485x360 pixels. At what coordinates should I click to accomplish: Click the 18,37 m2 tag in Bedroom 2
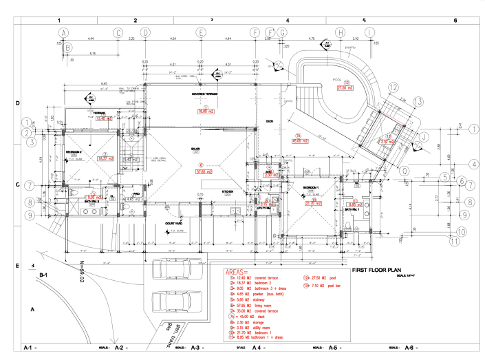click(105, 158)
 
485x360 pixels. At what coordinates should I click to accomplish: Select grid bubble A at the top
click(63, 32)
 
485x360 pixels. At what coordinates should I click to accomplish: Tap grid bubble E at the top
click(200, 32)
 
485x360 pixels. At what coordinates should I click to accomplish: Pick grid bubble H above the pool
click(340, 32)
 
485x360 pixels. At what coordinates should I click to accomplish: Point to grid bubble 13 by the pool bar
click(418, 100)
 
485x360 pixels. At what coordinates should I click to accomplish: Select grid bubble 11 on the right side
click(454, 241)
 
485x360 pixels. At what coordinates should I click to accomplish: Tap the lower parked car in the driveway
click(173, 299)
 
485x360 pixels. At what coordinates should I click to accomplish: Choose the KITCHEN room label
click(228, 191)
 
